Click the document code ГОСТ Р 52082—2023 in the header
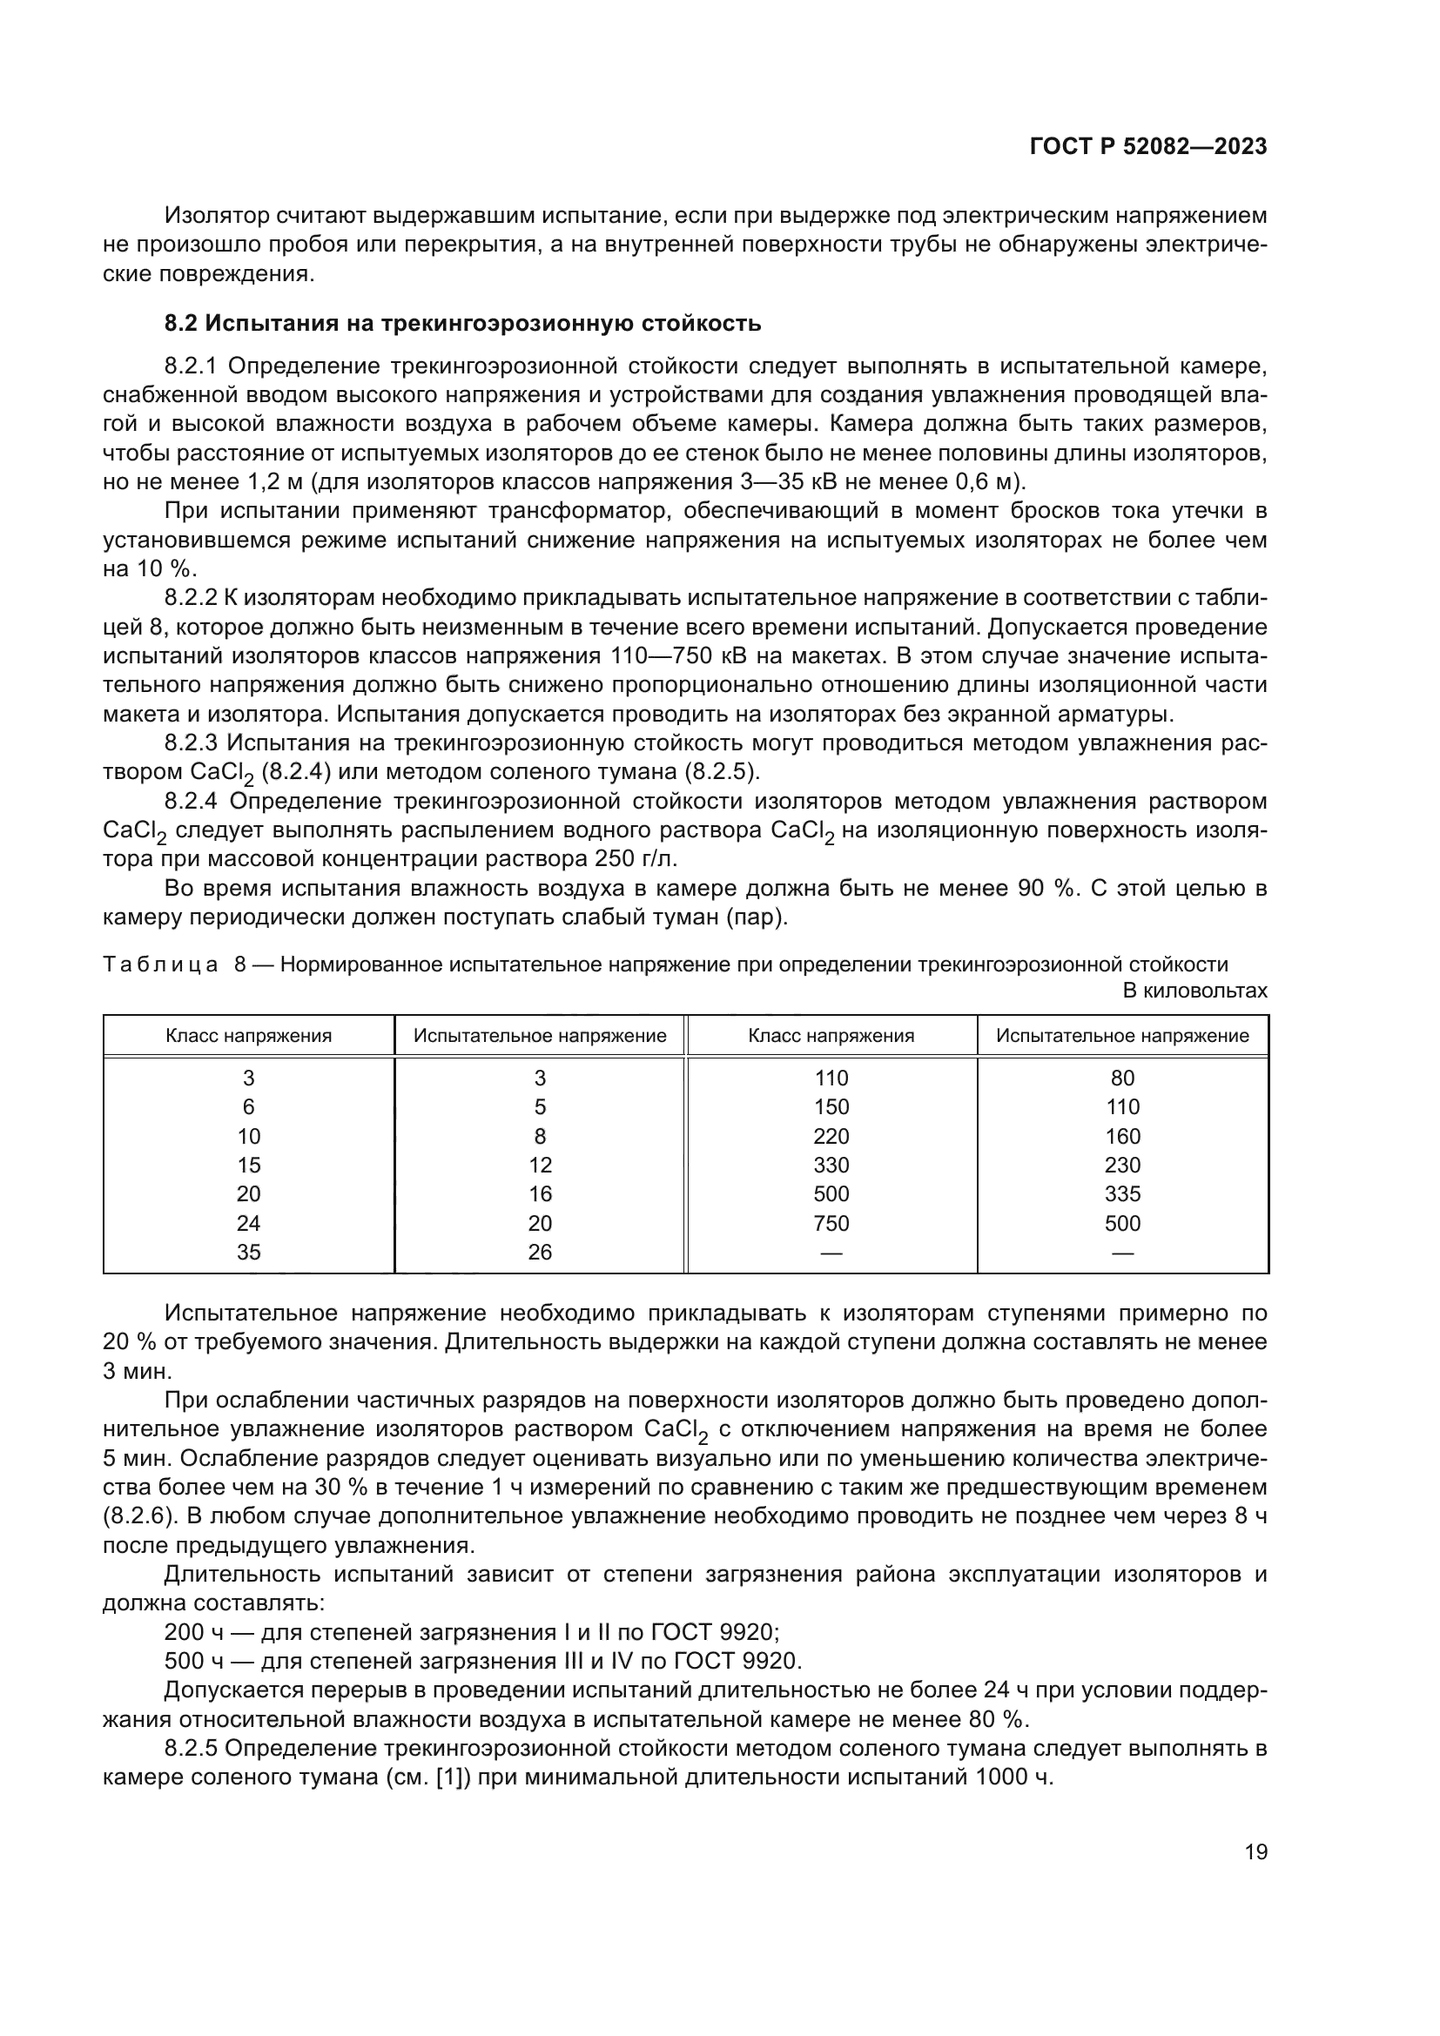1148,147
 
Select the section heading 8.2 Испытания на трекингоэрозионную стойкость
463,323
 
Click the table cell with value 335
1122,1193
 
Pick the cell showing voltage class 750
831,1223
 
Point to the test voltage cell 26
540,1252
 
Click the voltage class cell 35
248,1252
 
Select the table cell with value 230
1122,1165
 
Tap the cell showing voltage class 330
831,1165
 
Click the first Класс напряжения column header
248,1035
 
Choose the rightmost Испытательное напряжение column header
1122,1035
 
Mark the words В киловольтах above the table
1194,991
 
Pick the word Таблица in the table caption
160,964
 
